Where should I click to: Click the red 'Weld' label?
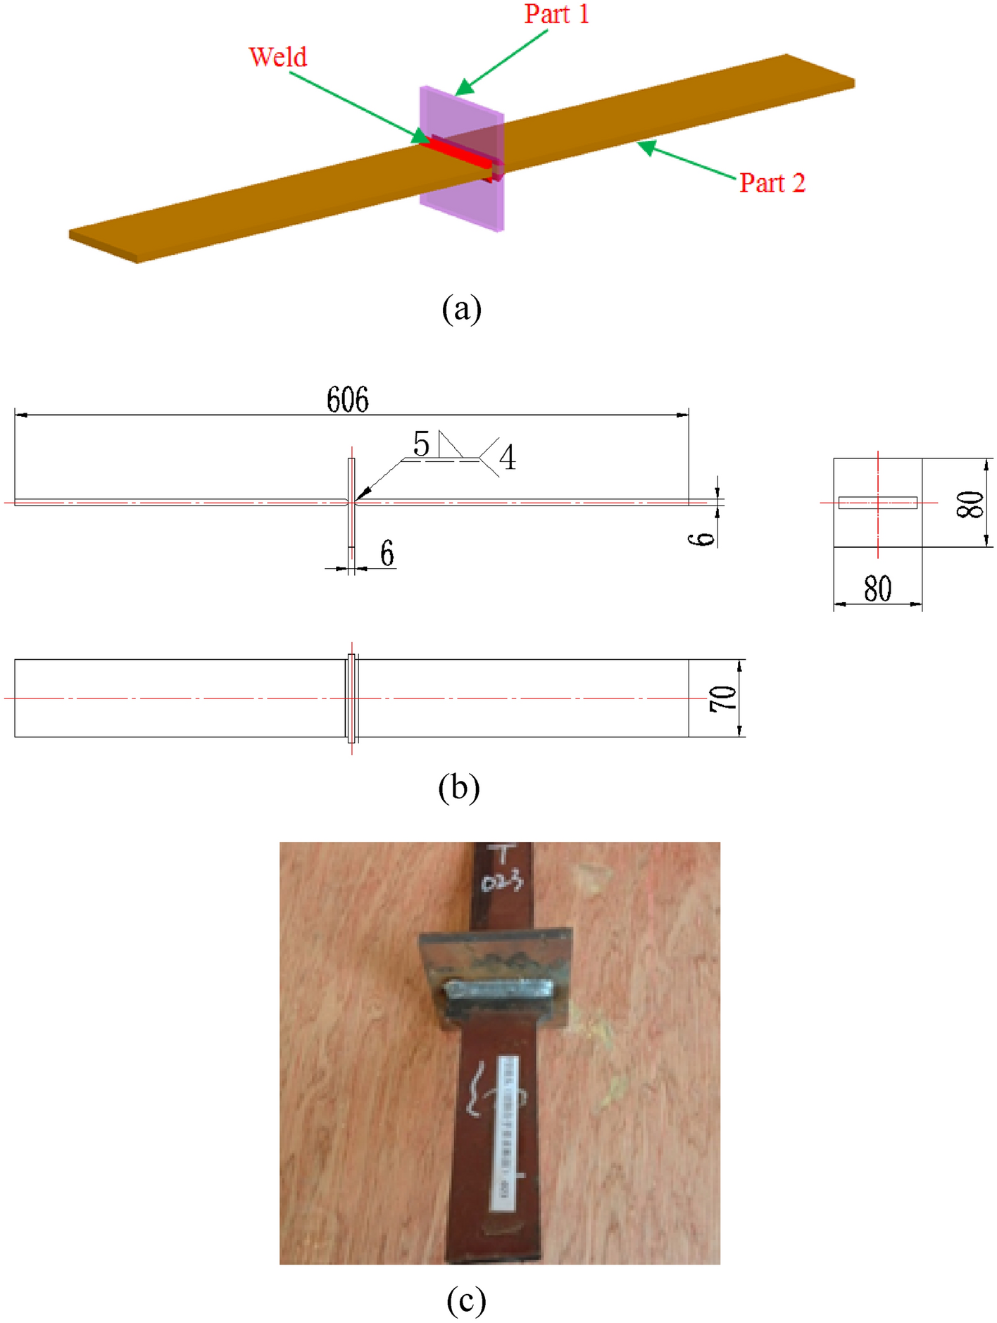[278, 57]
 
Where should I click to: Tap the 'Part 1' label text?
[556, 14]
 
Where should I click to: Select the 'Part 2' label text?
[772, 183]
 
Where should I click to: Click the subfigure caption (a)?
[461, 308]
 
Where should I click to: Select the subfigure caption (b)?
[458, 786]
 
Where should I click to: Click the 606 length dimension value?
[347, 400]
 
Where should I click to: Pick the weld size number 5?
[421, 444]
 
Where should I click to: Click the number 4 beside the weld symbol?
[507, 458]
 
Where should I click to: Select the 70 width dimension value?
[723, 698]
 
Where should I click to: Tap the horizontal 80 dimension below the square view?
[877, 589]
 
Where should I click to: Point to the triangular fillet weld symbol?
[449, 445]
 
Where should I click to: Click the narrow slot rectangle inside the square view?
[877, 502]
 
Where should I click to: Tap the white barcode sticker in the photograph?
[506, 1134]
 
